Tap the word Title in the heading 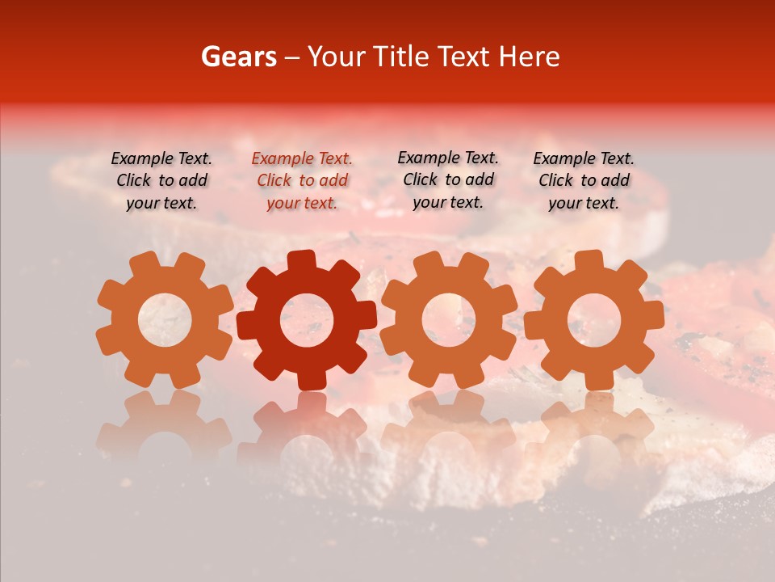[x=399, y=57]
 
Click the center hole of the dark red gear [x=307, y=319]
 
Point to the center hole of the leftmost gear [x=165, y=318]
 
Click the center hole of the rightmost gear [x=593, y=319]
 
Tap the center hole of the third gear [x=449, y=319]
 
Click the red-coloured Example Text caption [x=302, y=181]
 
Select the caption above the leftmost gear [x=161, y=180]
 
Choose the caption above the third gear [x=448, y=179]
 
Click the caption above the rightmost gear [x=584, y=180]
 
